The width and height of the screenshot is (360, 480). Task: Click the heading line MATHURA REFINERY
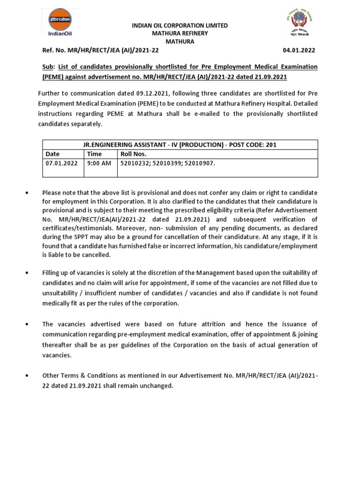coord(180,33)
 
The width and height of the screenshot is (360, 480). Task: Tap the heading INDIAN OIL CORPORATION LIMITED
coord(180,25)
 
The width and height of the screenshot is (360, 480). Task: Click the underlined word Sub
coord(48,67)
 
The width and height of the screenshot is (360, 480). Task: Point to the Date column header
coord(52,154)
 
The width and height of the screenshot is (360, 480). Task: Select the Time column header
coord(94,154)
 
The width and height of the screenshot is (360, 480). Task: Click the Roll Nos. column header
coord(134,154)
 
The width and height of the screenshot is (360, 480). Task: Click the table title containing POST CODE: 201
coord(180,145)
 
